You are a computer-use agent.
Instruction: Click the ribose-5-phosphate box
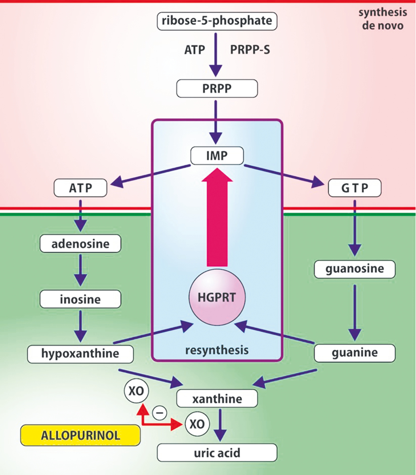coord(217,21)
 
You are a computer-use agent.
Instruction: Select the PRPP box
coord(217,88)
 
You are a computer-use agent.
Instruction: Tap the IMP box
coord(217,156)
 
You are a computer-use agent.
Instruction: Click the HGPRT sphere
coord(217,298)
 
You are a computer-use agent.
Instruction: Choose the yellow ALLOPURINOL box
coord(80,435)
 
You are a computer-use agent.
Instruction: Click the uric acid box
coord(217,452)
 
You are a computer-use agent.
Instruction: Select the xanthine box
coord(217,398)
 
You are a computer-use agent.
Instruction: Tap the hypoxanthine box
coord(80,354)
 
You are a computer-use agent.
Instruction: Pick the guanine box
coord(355,352)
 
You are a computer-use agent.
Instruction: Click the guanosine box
coord(355,269)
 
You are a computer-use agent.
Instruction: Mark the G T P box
coord(355,188)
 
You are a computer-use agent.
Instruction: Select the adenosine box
coord(80,244)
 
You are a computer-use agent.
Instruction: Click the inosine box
coord(80,299)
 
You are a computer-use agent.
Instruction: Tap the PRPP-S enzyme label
coord(250,50)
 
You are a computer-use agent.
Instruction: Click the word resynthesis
coord(217,350)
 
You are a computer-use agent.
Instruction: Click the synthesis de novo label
coord(382,19)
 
